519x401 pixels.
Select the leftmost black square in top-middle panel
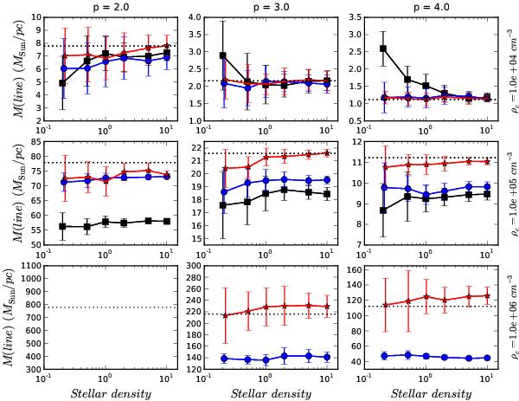pyautogui.click(x=224, y=55)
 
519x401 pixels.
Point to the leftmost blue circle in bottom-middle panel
pyautogui.click(x=224, y=358)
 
